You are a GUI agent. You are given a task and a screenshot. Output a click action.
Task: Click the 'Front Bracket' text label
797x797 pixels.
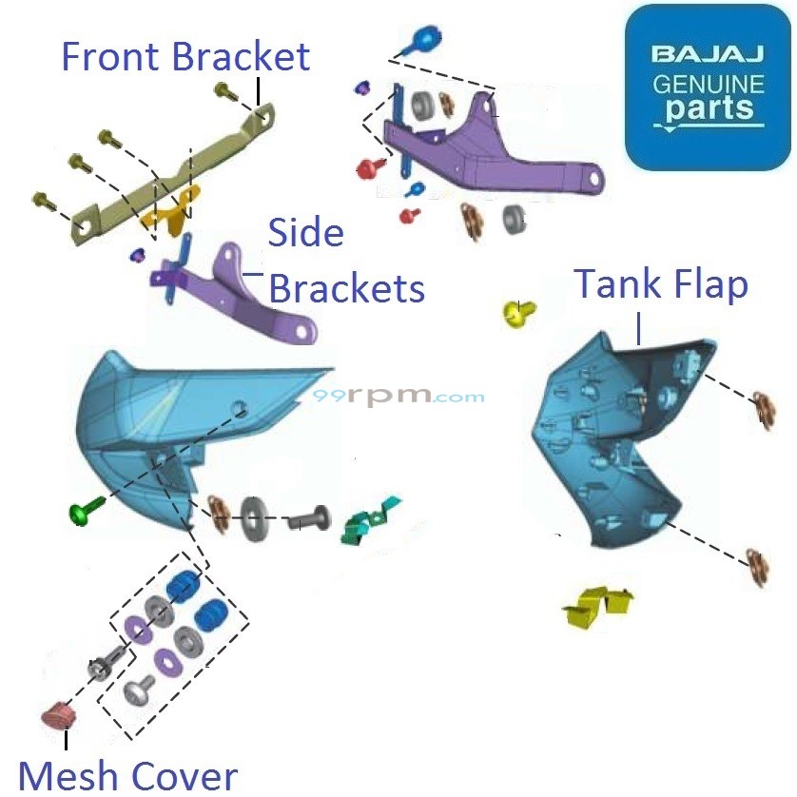click(x=185, y=56)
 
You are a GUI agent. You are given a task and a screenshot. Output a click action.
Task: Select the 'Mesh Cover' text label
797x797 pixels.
click(x=127, y=775)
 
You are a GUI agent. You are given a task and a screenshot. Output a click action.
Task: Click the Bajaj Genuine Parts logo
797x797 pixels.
click(x=708, y=87)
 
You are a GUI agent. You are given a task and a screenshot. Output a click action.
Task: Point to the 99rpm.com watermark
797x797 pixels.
click(x=399, y=398)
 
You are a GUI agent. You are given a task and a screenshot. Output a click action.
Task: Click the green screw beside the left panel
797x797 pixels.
click(x=81, y=515)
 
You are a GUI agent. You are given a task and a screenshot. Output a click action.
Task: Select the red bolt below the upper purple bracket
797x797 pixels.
click(x=367, y=168)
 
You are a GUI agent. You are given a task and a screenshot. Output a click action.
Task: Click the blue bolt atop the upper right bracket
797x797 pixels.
click(x=425, y=40)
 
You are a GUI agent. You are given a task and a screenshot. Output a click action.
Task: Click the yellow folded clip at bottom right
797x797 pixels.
click(x=598, y=607)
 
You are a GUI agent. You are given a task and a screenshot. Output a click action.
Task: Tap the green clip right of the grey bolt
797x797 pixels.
click(x=370, y=521)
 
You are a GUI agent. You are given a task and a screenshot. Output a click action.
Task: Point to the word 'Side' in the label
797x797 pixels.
click(x=305, y=232)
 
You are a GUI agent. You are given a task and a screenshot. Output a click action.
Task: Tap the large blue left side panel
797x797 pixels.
click(x=162, y=428)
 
